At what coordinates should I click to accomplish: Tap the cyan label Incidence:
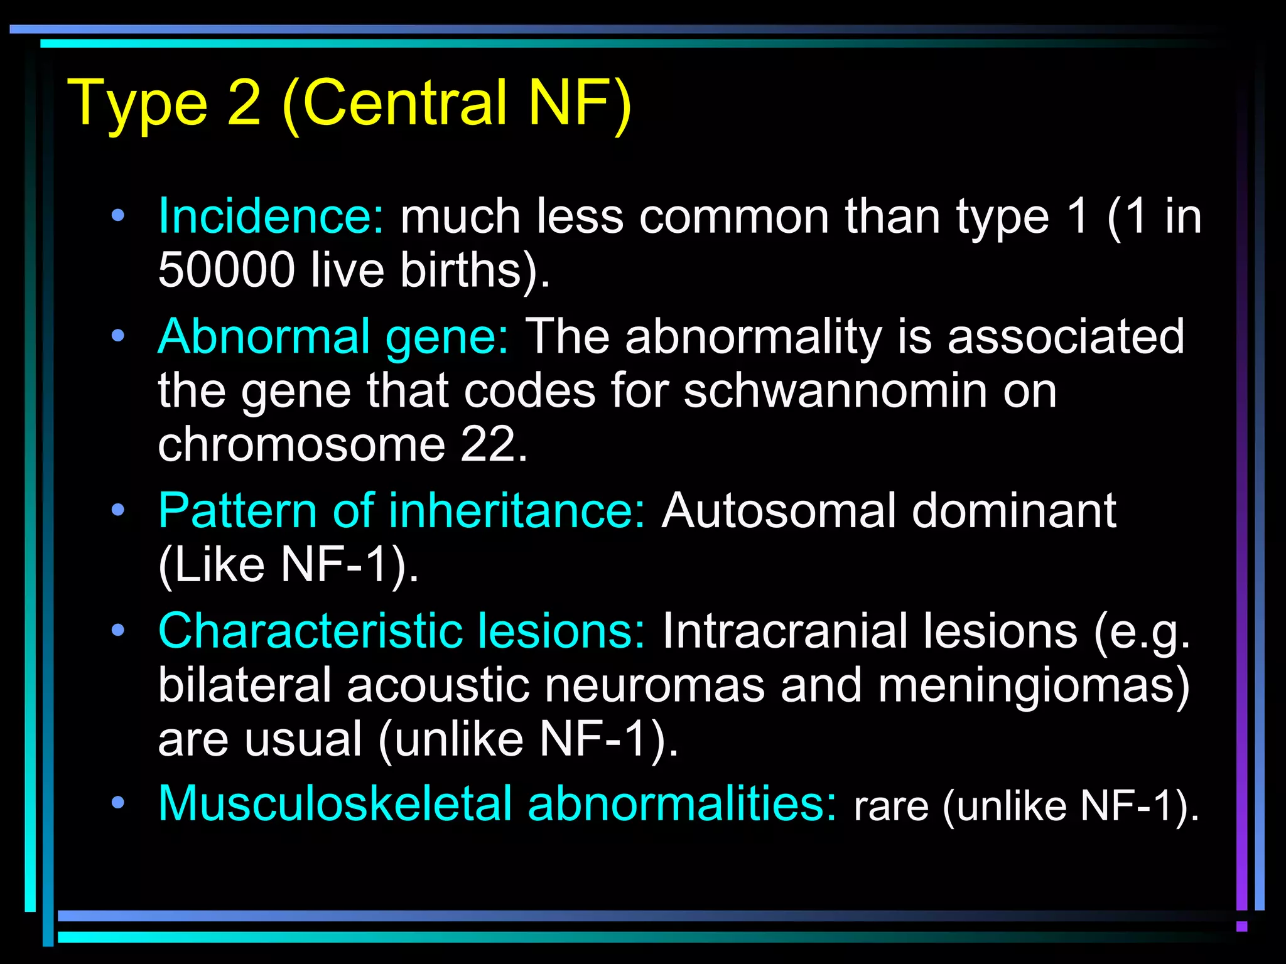(271, 217)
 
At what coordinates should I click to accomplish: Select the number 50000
(226, 270)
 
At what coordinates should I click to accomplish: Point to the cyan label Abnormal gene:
(333, 337)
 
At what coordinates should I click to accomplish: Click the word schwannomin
(835, 391)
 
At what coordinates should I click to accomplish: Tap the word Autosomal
(779, 511)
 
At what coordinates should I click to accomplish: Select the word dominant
(1013, 511)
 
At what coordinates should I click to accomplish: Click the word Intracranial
(785, 631)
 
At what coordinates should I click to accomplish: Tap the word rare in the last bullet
(890, 806)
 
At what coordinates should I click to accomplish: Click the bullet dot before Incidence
(117, 217)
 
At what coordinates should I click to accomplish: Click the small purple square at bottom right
(1241, 926)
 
